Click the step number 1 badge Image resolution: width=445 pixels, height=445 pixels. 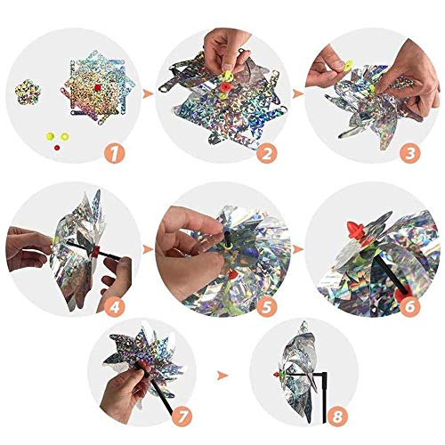click(x=115, y=153)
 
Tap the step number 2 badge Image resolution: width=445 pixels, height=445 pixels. click(x=267, y=153)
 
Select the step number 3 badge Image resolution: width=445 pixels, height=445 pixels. click(x=409, y=153)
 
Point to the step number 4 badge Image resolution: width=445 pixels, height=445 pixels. click(x=115, y=306)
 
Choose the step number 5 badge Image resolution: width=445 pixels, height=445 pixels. click(x=267, y=306)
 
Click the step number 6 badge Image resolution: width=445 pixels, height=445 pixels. click(x=409, y=306)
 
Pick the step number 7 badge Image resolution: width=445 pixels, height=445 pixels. click(x=182, y=417)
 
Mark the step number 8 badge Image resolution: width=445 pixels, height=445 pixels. click(x=337, y=417)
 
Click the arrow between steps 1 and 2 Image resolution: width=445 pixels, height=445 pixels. click(x=148, y=94)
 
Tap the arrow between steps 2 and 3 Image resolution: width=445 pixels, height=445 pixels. click(x=298, y=94)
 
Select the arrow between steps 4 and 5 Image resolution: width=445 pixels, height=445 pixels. click(x=148, y=249)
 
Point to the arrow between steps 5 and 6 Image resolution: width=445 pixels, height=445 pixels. click(x=298, y=249)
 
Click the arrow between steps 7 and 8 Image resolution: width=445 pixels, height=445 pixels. click(x=222, y=376)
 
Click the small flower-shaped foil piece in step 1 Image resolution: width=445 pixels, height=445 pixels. click(x=28, y=92)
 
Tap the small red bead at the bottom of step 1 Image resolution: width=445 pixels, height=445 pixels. click(x=57, y=147)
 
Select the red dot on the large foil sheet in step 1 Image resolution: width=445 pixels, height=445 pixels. click(x=97, y=87)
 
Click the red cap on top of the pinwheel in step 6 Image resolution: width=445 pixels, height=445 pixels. click(x=355, y=230)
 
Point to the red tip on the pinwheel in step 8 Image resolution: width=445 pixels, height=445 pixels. click(x=277, y=375)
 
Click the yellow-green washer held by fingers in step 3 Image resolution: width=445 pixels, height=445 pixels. click(x=348, y=65)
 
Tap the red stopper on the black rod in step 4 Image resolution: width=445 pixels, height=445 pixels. click(x=95, y=252)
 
